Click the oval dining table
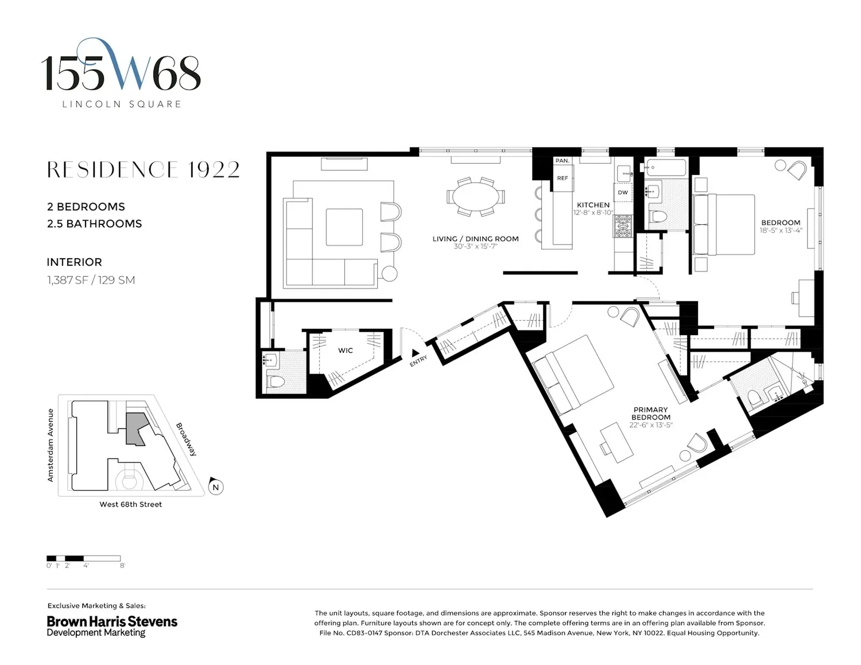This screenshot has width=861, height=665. tap(476, 197)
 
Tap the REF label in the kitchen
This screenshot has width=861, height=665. tap(563, 178)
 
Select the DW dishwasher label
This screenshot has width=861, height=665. tap(623, 192)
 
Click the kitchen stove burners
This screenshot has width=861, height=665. tap(623, 227)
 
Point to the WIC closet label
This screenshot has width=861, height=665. tap(345, 351)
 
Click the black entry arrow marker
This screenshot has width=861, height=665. tap(415, 352)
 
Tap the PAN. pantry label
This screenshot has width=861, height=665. tap(563, 161)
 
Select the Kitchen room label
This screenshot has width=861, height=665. tap(593, 205)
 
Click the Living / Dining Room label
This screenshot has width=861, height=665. tap(475, 239)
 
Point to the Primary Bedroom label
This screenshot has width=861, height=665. tap(650, 414)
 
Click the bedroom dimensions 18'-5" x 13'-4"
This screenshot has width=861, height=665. tap(781, 231)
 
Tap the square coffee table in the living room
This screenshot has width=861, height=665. tap(344, 227)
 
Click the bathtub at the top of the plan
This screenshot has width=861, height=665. tap(665, 168)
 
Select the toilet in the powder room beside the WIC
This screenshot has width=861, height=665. tap(276, 382)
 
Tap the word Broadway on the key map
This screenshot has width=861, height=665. tap(186, 440)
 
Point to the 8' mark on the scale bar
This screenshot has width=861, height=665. tap(122, 566)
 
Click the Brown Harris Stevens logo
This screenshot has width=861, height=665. tap(112, 626)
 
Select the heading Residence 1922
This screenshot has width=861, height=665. tap(143, 169)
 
